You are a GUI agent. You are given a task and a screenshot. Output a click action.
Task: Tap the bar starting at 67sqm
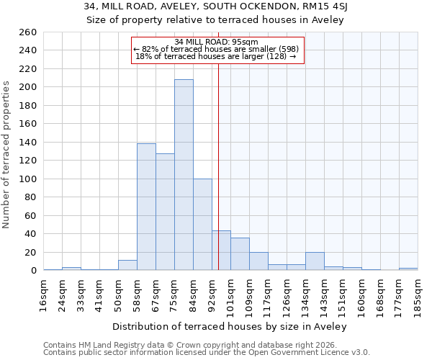pos(165,212)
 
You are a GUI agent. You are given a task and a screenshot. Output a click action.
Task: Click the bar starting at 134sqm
pos(315,261)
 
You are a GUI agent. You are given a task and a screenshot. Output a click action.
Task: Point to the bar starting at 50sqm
pos(127,265)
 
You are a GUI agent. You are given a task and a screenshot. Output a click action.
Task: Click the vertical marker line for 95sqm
pos(218,166)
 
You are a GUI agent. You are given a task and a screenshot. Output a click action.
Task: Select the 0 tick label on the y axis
pos(33,271)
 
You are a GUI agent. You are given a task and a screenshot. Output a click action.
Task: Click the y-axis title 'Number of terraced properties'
pos(6,155)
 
